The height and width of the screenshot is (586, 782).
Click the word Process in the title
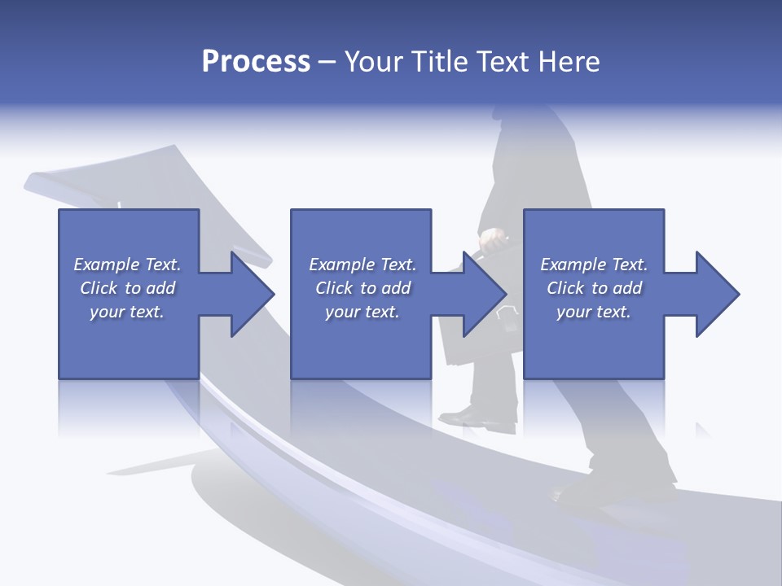point(256,62)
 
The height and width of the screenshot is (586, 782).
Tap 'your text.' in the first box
point(127,312)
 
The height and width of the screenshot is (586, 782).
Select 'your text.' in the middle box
point(362,312)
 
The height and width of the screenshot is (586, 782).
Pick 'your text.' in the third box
point(594,312)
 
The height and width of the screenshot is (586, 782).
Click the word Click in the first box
point(98,288)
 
